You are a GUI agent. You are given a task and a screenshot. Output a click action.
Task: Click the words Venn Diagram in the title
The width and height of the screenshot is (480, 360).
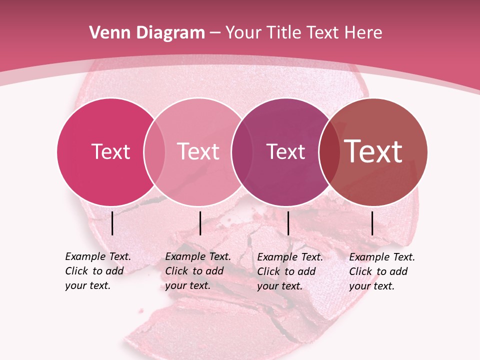coord(147,33)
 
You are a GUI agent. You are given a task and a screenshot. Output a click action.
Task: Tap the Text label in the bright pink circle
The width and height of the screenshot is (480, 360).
coord(110,151)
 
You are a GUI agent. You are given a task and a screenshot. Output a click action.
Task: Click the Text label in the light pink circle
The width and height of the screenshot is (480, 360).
coord(198,151)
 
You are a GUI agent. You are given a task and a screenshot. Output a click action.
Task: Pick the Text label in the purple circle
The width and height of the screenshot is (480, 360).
coord(285,151)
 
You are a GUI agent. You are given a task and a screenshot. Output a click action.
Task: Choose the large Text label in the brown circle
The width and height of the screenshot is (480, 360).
coord(373,151)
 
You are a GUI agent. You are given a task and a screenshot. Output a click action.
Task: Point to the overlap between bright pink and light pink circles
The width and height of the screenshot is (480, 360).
coord(154,151)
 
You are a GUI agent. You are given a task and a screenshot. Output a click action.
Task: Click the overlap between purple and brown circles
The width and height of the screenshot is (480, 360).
coord(329,151)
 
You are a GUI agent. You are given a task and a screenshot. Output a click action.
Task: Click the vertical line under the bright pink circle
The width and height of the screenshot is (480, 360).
coord(112,223)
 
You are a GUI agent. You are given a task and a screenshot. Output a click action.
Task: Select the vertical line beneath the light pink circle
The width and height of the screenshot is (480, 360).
coord(200,223)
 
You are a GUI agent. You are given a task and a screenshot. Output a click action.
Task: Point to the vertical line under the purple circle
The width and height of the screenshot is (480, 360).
coord(288,223)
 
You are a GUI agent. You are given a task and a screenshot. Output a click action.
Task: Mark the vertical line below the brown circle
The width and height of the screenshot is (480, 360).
coord(372,223)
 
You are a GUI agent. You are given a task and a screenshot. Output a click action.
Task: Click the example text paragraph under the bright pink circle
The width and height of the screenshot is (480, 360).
coord(97,271)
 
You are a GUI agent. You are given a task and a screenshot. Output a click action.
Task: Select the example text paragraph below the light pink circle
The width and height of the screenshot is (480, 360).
coord(197,271)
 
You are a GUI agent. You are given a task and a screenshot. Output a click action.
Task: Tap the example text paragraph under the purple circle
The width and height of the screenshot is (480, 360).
coord(289,271)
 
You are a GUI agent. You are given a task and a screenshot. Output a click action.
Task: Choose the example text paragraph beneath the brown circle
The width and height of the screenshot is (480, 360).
coord(381,271)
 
